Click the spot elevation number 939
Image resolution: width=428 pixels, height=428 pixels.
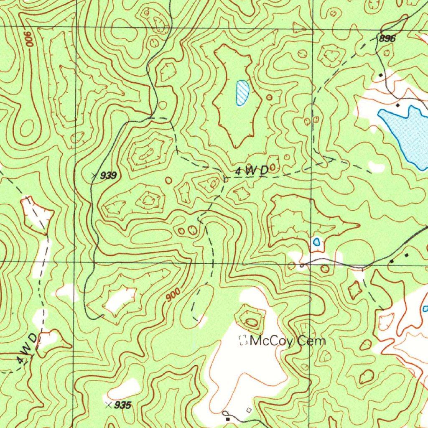(x=108, y=176)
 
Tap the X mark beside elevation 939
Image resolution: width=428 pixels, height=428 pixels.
(x=94, y=176)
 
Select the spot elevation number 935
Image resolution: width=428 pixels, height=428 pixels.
(x=123, y=405)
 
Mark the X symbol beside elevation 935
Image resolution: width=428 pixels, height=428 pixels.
(x=109, y=405)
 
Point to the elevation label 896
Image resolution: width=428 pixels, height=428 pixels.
(x=387, y=38)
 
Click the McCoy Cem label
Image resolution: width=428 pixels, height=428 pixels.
(x=288, y=341)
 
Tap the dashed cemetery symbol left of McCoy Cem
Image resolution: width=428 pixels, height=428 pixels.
(x=242, y=341)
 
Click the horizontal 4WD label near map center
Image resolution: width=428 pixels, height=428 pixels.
(x=252, y=171)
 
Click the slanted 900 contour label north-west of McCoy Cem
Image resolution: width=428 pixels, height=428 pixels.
(x=173, y=296)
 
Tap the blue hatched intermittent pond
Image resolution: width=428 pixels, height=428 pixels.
(x=242, y=93)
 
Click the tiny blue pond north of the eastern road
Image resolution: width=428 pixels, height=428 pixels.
(x=317, y=242)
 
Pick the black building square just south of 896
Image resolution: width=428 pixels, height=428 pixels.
(x=380, y=75)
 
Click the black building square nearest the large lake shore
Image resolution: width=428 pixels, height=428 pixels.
(x=397, y=105)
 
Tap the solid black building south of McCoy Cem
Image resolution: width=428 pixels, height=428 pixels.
(x=228, y=418)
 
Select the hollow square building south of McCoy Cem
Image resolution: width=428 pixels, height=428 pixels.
(x=249, y=410)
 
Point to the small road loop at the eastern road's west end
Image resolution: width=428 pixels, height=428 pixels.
(x=302, y=265)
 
